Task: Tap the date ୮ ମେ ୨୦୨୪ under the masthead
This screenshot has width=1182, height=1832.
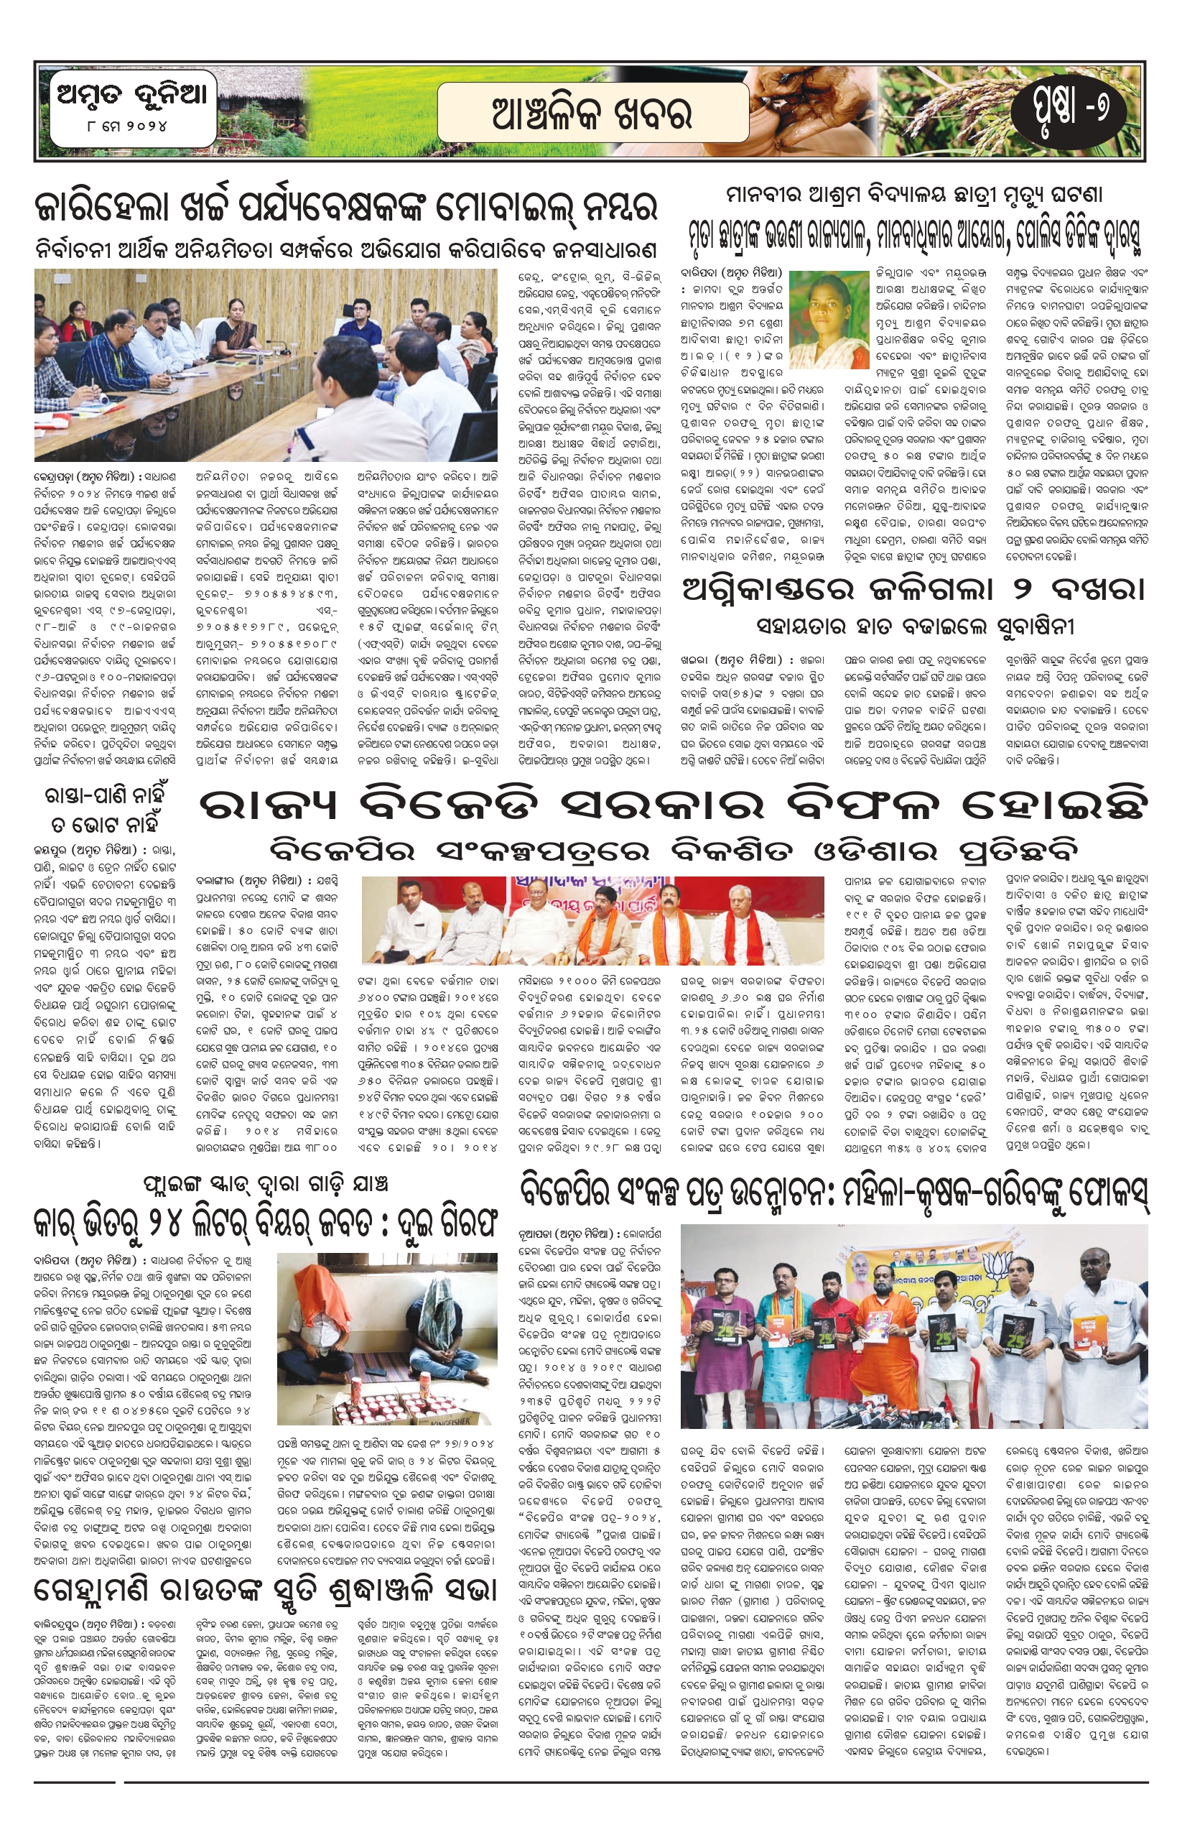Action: pyautogui.click(x=123, y=125)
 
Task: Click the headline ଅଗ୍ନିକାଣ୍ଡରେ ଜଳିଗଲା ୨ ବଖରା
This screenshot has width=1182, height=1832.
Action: pyautogui.click(x=913, y=590)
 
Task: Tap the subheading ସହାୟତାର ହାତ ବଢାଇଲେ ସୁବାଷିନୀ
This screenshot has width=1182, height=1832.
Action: pyautogui.click(x=913, y=626)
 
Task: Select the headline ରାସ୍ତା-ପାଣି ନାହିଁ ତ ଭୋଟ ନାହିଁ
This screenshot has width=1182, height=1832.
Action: pyautogui.click(x=106, y=808)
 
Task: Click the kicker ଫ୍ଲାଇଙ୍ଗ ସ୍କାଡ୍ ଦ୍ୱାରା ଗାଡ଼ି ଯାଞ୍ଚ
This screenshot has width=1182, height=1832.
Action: pyautogui.click(x=265, y=1183)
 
